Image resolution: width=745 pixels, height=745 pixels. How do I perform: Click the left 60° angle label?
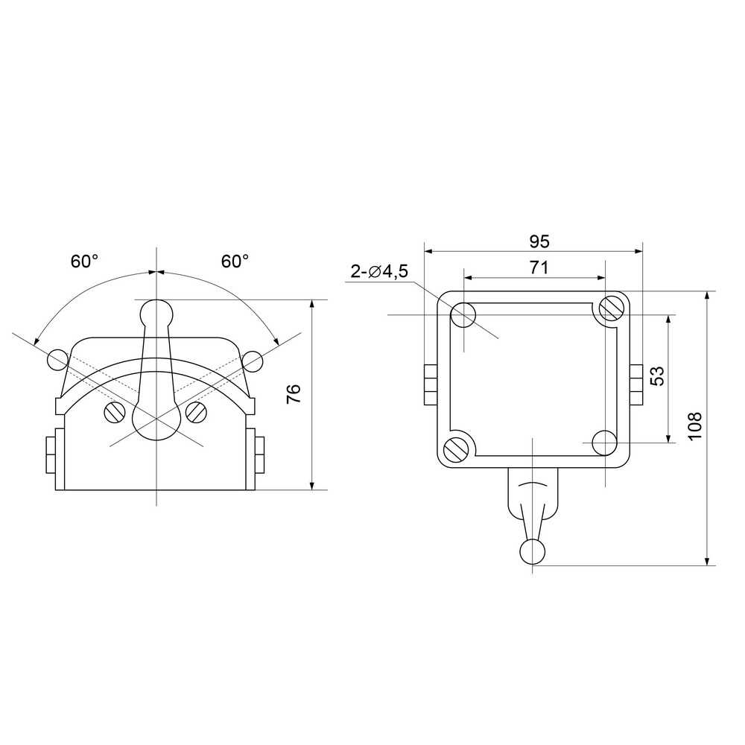pos(85,261)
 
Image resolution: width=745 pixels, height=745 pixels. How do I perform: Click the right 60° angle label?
pos(235,261)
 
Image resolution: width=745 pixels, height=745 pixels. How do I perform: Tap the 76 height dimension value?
pos(294,394)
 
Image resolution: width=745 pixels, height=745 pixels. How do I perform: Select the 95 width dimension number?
pos(539,242)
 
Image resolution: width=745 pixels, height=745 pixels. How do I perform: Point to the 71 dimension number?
pos(539,268)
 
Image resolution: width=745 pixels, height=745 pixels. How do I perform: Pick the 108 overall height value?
pos(695,426)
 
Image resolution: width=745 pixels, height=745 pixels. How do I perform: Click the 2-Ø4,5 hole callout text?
pos(379,271)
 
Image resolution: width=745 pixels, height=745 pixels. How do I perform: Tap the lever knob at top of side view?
pos(156,311)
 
